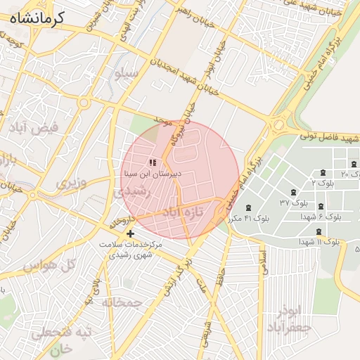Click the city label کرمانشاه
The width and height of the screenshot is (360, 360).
37,18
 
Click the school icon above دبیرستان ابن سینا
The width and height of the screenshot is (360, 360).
153,162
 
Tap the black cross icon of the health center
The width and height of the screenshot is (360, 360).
129,233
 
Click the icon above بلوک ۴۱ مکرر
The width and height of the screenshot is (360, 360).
249,207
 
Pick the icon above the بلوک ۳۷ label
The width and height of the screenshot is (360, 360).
292,193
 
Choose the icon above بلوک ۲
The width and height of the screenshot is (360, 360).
323,172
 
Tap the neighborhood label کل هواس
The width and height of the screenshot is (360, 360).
49,266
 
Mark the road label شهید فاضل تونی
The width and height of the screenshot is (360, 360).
330,136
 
